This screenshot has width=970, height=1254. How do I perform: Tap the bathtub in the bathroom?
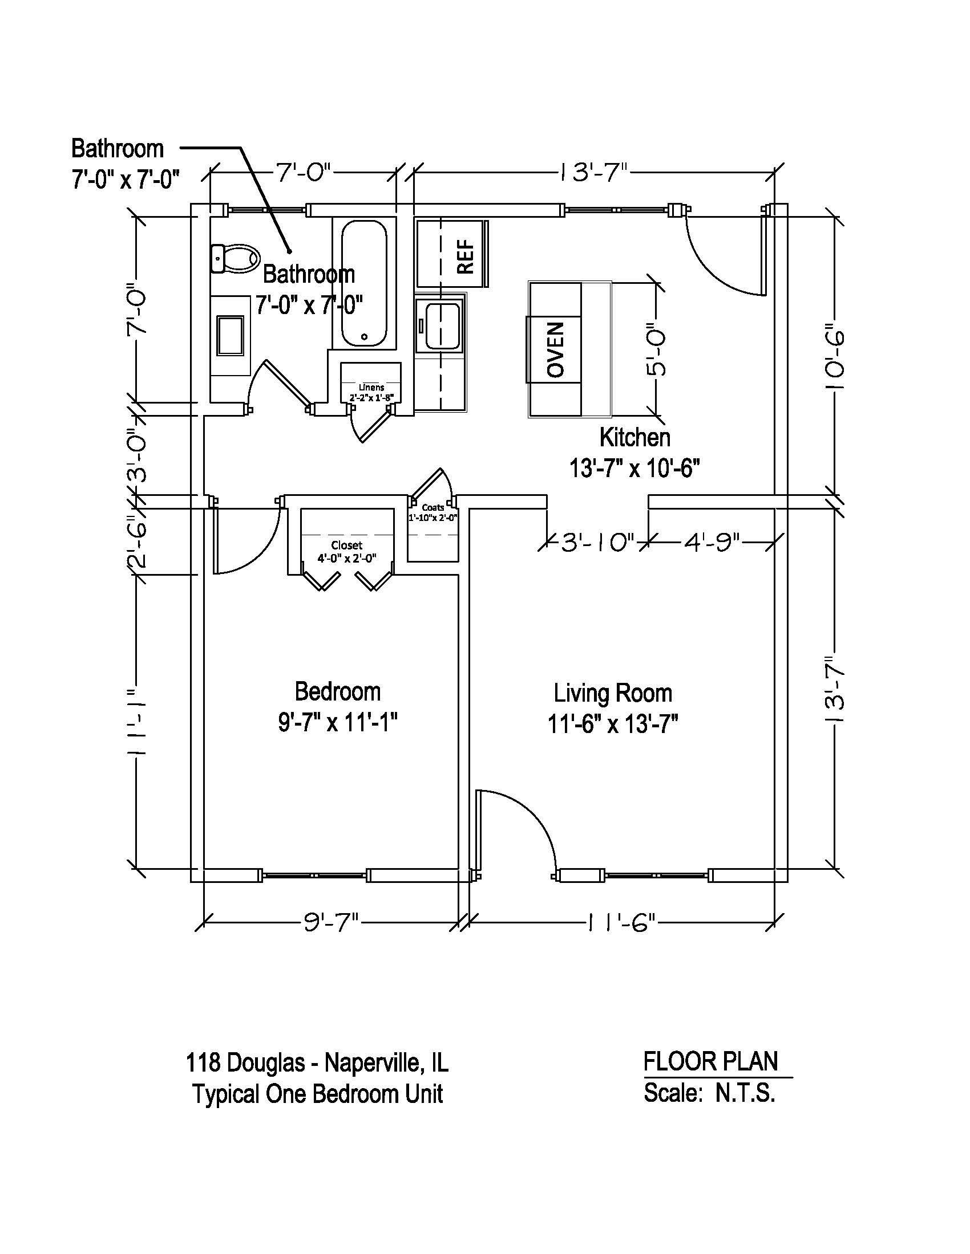[364, 284]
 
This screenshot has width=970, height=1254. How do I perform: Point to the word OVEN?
[556, 349]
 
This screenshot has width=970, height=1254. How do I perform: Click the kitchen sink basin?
[441, 325]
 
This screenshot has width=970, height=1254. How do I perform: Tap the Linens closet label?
[372, 387]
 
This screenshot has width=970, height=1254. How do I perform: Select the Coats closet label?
[433, 507]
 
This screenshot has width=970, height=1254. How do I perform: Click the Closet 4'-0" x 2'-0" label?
[347, 551]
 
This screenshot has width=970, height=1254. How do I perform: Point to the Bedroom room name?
[338, 691]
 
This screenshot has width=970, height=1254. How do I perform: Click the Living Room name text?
[613, 693]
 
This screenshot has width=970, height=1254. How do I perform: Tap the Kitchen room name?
[635, 438]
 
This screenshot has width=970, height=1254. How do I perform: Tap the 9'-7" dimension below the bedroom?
[331, 923]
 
